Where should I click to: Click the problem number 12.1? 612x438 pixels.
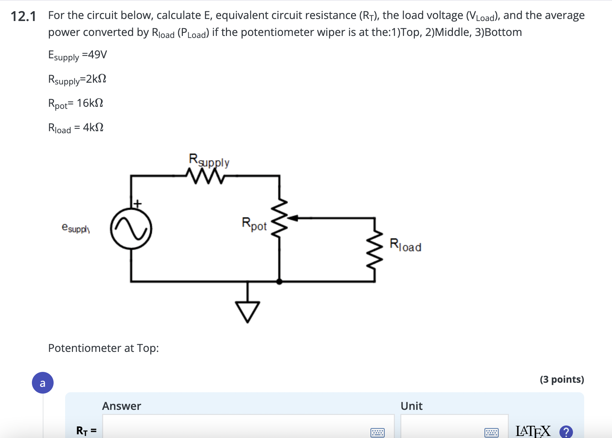23,16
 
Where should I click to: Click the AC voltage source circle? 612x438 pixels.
131,229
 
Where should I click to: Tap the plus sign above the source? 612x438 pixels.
137,203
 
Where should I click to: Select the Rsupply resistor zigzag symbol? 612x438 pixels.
205,176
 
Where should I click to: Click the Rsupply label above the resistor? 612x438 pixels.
209,160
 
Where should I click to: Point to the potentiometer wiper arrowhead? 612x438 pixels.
293,218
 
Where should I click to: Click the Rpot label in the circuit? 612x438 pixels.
254,224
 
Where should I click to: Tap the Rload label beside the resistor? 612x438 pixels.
405,245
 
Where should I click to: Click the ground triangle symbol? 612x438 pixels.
248,311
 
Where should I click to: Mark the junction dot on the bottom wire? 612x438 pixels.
279,281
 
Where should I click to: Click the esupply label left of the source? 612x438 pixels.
76,228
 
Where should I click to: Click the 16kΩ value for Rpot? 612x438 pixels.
90,103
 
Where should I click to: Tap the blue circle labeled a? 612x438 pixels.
43,383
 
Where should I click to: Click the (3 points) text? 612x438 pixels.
562,379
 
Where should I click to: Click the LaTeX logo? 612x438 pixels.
533,431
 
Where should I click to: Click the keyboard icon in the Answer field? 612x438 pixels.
377,433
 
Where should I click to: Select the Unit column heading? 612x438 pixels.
411,406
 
